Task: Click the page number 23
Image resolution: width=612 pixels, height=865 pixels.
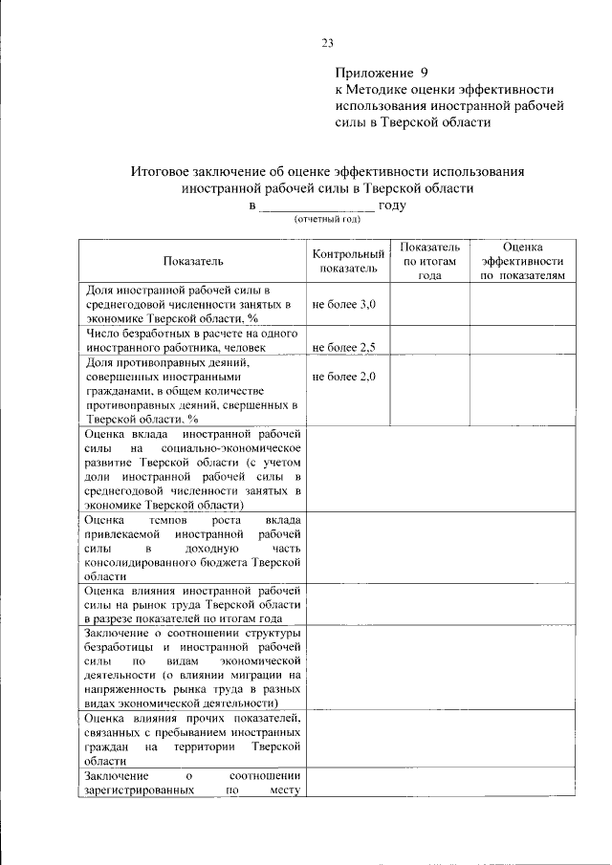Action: click(327, 42)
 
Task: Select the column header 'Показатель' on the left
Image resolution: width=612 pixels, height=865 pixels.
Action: click(192, 260)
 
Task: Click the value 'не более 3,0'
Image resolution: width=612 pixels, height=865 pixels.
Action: click(344, 304)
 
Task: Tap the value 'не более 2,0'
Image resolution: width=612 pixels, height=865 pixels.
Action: click(344, 377)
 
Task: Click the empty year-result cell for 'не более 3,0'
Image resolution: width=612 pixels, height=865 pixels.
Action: click(429, 304)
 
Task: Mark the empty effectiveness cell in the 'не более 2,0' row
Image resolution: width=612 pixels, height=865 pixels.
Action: click(522, 390)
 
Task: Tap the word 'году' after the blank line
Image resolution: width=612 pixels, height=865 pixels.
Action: click(392, 205)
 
